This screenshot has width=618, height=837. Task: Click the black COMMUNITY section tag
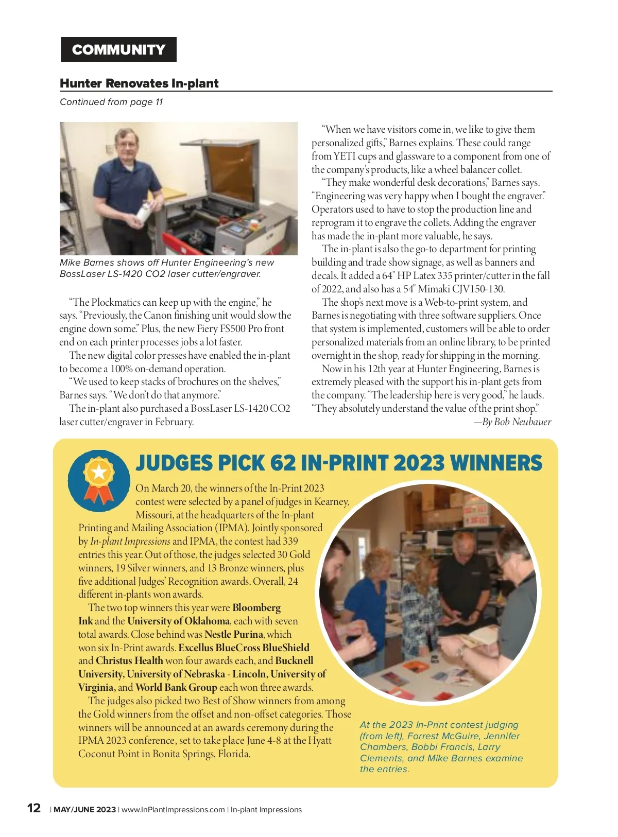tap(118, 49)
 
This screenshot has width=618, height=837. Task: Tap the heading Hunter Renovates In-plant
tap(139, 83)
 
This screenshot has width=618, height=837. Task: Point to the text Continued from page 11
tap(111, 102)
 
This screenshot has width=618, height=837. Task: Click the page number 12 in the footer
tap(34, 808)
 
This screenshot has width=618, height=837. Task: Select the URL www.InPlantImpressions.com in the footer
tap(173, 810)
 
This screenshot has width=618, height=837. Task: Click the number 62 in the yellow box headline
tap(283, 463)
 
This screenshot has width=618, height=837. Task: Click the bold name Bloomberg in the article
tap(256, 607)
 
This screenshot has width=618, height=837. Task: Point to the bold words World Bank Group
tap(176, 687)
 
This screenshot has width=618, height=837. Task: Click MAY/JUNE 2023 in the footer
tap(85, 810)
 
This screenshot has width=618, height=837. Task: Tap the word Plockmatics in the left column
tap(119, 302)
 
